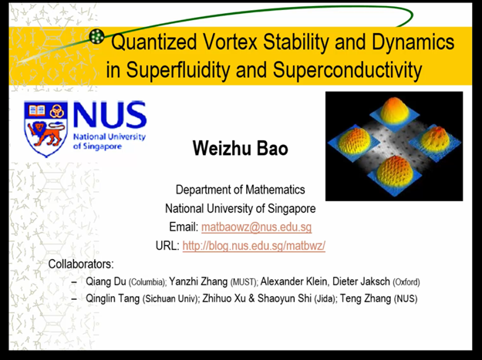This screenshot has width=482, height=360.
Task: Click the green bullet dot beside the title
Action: (x=96, y=35)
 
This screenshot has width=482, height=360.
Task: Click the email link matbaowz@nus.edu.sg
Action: (x=256, y=227)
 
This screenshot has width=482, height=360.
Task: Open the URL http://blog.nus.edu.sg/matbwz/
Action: (x=254, y=246)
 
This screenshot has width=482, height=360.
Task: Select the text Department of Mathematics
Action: (x=240, y=190)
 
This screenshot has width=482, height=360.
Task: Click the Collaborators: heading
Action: (x=81, y=264)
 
